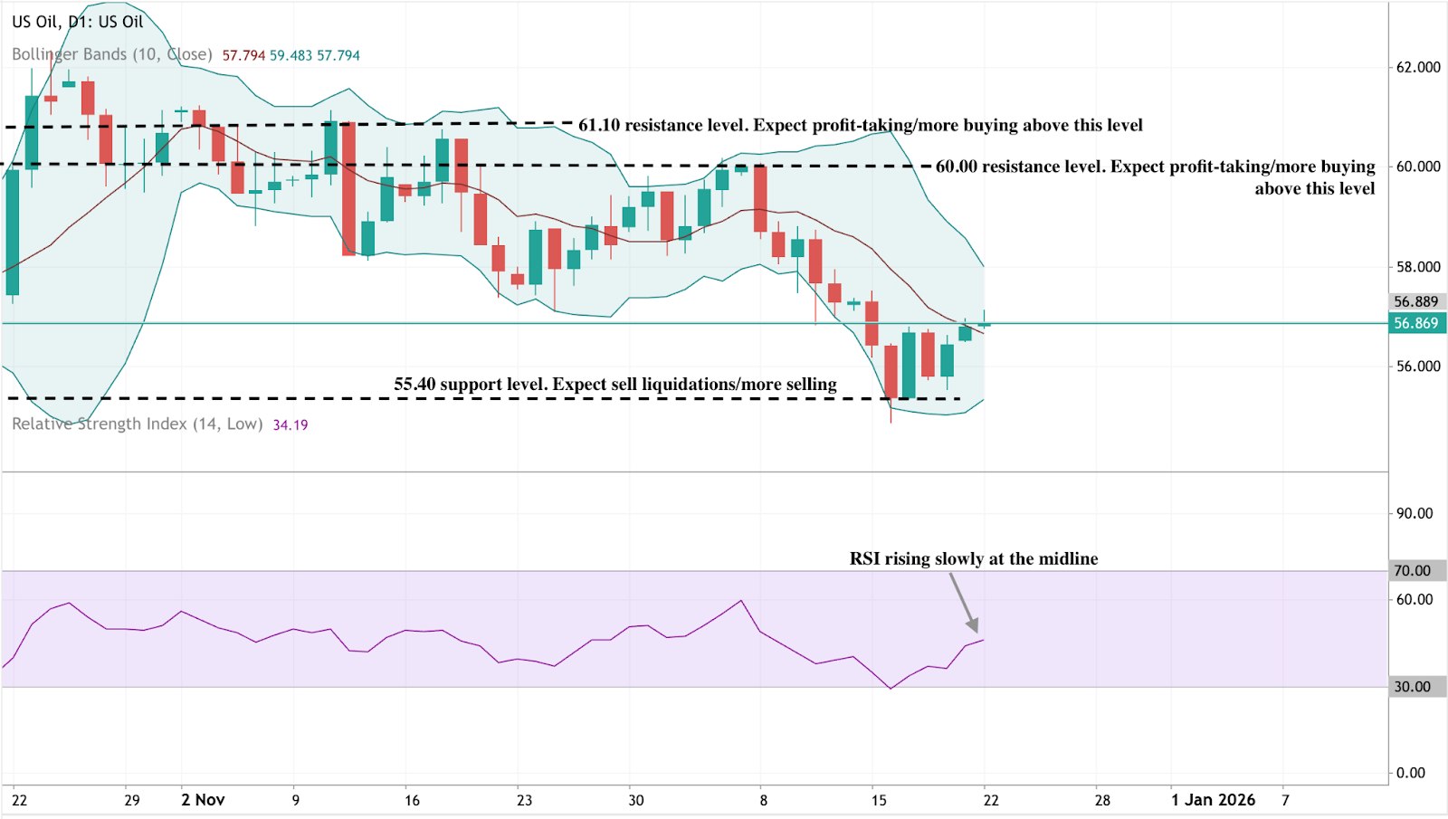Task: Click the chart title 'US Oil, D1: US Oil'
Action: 78,22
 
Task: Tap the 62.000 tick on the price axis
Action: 1417,67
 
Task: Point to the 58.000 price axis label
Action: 1417,267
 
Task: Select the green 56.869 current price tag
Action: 1416,323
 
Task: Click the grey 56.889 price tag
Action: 1416,301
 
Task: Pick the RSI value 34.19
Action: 291,424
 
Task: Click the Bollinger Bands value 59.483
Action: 291,55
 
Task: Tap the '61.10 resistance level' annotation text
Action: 860,125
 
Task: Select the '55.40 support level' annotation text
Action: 615,385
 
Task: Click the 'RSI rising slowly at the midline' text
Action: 973,558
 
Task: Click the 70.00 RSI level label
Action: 1413,570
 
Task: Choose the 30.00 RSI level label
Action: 1413,687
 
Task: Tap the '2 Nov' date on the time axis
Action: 203,800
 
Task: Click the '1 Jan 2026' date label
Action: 1213,800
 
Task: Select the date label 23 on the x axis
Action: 525,800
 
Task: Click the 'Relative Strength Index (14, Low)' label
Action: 138,424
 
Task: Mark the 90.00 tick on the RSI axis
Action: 1414,513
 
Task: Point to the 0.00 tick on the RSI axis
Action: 1411,773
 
